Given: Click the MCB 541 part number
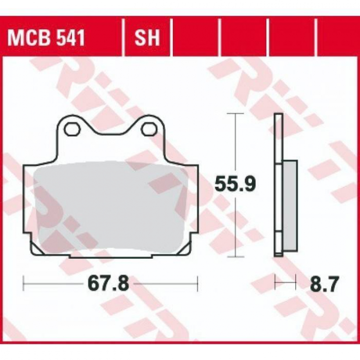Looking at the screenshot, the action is [46, 38].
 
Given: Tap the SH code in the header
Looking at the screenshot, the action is [147, 38].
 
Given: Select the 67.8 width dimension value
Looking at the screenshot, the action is [108, 284].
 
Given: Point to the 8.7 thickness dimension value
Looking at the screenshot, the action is [324, 284].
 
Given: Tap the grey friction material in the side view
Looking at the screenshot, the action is [290, 205].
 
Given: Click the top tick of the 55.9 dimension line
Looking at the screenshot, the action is [235, 113].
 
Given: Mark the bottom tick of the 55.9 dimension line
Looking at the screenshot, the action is [235, 257].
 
